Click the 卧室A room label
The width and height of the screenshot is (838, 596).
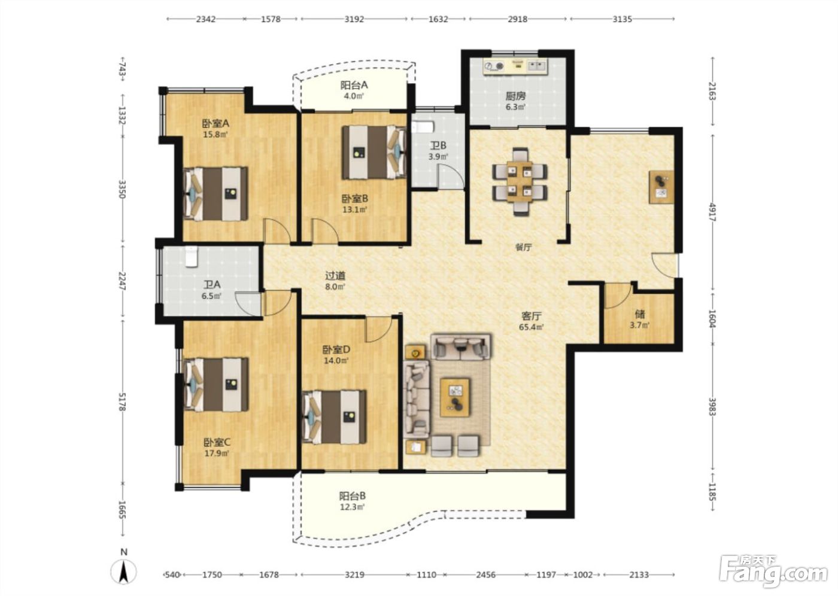215,123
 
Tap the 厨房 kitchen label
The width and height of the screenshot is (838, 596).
515,96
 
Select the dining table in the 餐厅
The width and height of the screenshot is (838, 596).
520,182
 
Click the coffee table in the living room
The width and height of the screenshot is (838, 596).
456,397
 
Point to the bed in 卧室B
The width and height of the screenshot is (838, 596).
374,152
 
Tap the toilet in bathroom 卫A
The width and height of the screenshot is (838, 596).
191,257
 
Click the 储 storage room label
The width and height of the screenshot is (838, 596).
640,314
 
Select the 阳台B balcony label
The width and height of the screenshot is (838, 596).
353,496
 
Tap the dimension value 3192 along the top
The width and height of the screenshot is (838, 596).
354,19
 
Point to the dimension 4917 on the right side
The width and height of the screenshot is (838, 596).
711,212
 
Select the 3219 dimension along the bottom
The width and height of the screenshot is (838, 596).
354,574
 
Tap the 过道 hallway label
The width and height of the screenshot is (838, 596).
335,276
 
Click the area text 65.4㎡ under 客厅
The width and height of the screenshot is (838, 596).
532,327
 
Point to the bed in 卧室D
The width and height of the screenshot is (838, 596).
335,417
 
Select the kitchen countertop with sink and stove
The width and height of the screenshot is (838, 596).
516,66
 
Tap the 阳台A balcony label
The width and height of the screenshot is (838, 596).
354,85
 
